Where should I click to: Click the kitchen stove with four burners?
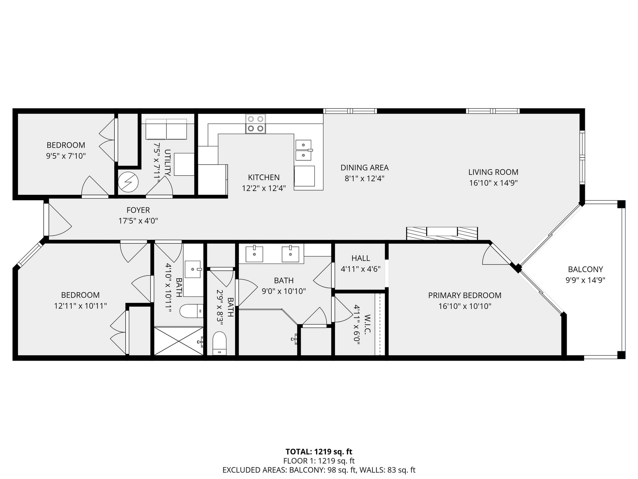pyautogui.click(x=256, y=124)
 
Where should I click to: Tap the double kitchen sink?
pyautogui.click(x=303, y=150)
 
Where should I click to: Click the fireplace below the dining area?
pyautogui.click(x=442, y=233)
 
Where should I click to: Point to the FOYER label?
pyautogui.click(x=138, y=210)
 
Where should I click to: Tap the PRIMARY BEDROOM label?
pyautogui.click(x=465, y=295)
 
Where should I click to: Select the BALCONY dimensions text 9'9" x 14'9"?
pyautogui.click(x=585, y=280)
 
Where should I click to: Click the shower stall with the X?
pyautogui.click(x=179, y=341)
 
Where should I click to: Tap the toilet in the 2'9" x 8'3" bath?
pyautogui.click(x=219, y=343)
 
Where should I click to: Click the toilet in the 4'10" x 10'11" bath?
pyautogui.click(x=192, y=311)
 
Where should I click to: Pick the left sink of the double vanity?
pyautogui.click(x=254, y=254)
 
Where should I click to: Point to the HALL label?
pyautogui.click(x=360, y=258)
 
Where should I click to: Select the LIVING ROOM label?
pyautogui.click(x=493, y=172)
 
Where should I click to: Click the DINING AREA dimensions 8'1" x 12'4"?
pyautogui.click(x=364, y=179)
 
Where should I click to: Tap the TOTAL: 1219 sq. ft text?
pyautogui.click(x=319, y=452)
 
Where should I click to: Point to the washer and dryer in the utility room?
pyautogui.click(x=166, y=129)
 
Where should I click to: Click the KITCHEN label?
pyautogui.click(x=264, y=177)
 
